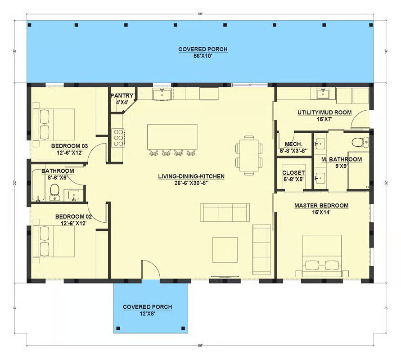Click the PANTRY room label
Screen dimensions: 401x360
click(x=122, y=96)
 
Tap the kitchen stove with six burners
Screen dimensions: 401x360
click(x=118, y=138)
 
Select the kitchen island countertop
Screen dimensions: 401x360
click(x=172, y=137)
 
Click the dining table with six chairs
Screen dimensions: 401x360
click(x=249, y=155)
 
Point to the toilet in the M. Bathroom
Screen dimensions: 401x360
click(x=360, y=142)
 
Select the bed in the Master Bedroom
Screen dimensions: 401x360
click(x=322, y=256)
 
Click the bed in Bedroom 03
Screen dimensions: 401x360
click(x=54, y=125)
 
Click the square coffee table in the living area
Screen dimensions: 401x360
click(x=225, y=250)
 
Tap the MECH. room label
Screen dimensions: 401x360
click(x=293, y=144)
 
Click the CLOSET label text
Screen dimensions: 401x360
click(x=293, y=173)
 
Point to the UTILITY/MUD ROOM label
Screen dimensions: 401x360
click(x=324, y=112)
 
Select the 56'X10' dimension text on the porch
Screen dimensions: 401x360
click(x=203, y=56)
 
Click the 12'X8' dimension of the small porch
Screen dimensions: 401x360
click(x=148, y=314)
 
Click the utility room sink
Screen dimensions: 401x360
click(x=323, y=93)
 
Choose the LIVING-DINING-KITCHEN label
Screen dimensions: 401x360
click(x=191, y=176)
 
